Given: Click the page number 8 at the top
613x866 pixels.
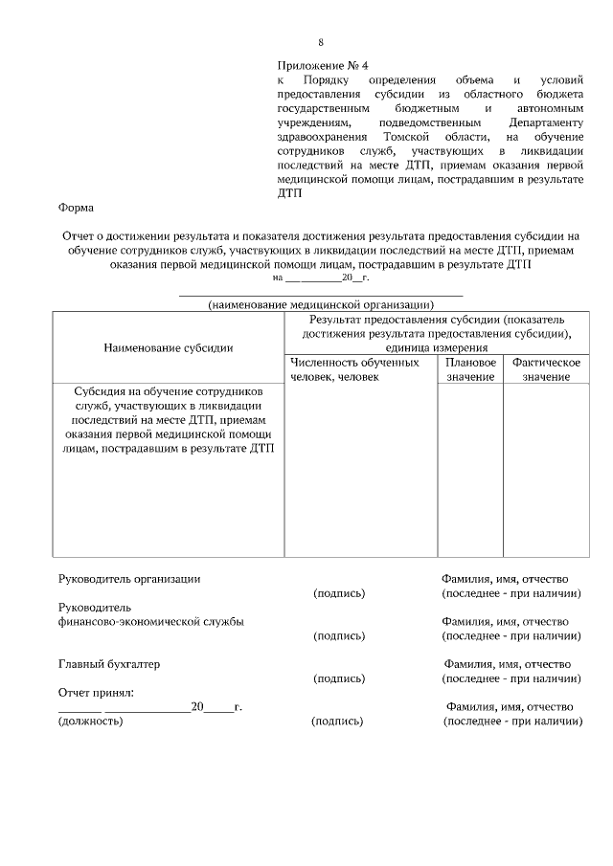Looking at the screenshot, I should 321,42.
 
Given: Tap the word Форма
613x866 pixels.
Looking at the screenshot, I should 76,207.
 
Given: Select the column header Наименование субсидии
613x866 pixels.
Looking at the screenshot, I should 169,348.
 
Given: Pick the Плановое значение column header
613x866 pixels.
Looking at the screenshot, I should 470,370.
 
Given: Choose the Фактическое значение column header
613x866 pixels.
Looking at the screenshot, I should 546,370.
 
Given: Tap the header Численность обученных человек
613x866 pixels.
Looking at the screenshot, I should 353,370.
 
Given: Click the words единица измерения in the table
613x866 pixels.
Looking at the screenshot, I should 436,348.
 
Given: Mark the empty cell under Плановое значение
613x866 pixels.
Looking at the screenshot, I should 470,469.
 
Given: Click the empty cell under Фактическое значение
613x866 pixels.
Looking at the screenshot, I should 546,469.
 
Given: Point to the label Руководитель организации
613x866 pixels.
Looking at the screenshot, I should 129,578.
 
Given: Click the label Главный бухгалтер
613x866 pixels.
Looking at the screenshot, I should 109,663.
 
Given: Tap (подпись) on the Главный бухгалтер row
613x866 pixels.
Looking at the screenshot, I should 339,678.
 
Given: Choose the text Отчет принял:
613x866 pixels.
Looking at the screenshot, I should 95,692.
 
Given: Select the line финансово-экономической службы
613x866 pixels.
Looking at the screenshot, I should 150,621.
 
